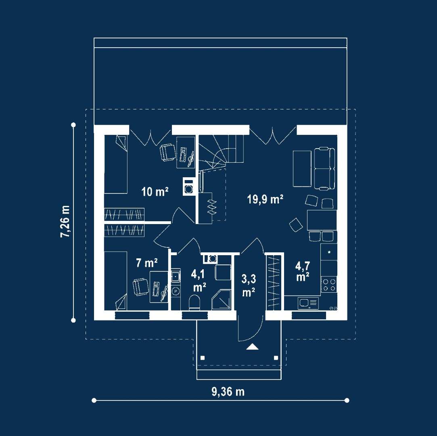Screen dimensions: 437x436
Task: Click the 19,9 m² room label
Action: pos(265,199)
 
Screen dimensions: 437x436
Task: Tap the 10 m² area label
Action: pos(155,192)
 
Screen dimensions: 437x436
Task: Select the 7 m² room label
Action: pos(146,262)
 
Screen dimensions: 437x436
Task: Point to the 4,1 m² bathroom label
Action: pos(198,281)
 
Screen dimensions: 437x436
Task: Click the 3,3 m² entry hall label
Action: pos(249,285)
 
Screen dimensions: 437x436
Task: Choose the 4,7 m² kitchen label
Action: pos(303,271)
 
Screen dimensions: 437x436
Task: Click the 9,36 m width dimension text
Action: pos(228,392)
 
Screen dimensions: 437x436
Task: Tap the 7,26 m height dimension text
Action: pos(65,221)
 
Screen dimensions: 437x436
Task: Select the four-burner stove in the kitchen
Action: pos(329,285)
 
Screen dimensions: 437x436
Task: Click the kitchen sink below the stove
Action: pos(308,303)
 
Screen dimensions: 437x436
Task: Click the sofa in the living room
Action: pos(325,169)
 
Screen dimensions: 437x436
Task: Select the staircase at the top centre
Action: pos(221,152)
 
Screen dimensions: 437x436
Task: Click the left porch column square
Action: pos(203,358)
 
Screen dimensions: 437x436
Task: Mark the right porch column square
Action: pos(276,358)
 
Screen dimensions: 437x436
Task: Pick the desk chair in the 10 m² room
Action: pos(167,152)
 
